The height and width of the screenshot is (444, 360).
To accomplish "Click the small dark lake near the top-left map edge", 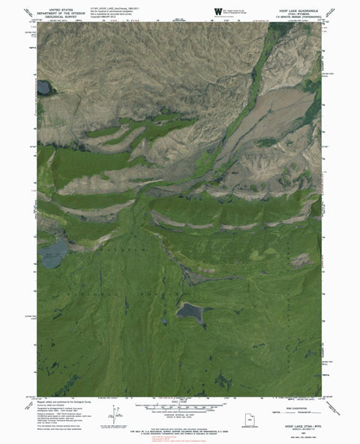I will (43, 88).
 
